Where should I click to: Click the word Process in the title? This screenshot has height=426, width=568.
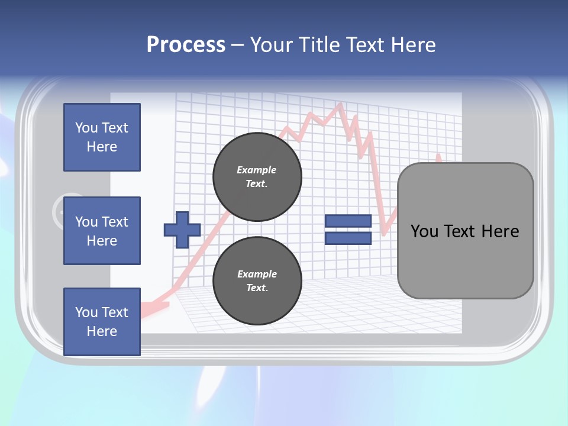[x=186, y=45]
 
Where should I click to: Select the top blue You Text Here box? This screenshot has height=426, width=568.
[x=102, y=137]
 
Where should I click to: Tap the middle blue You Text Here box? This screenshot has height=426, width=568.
[x=102, y=231]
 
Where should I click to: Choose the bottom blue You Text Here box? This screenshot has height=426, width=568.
[x=102, y=322]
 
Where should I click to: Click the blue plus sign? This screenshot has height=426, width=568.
[x=182, y=230]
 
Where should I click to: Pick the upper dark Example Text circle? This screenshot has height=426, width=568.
[x=257, y=177]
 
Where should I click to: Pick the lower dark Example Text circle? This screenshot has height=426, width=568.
[x=257, y=281]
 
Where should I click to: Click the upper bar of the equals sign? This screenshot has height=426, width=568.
[x=348, y=221]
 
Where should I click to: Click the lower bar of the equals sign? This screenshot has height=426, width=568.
[x=348, y=238]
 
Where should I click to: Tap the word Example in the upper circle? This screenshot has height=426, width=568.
[x=257, y=170]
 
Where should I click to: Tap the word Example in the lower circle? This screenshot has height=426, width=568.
[x=257, y=274]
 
